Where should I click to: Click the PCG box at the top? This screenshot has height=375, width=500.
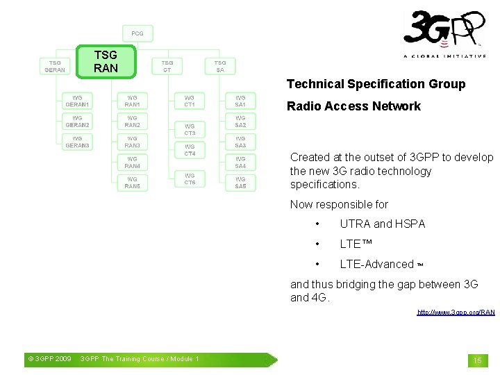(137, 33)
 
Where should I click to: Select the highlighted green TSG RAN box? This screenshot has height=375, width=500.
(106, 61)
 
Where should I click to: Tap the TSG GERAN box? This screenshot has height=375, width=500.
(55, 66)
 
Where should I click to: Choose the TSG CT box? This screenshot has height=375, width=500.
(167, 66)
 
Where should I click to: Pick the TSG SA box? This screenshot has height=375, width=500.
(220, 66)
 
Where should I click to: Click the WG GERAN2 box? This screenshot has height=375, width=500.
(77, 122)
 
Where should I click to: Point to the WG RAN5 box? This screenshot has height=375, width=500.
(132, 183)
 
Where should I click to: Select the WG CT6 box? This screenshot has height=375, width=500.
(190, 179)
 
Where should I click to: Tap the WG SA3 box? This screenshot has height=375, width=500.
(240, 142)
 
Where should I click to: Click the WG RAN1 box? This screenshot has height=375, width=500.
(132, 101)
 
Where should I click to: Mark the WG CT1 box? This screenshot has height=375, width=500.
(190, 101)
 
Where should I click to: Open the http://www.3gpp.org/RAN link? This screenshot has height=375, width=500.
(456, 312)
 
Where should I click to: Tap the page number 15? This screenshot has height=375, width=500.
(477, 360)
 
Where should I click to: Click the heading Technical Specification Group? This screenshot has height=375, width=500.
(376, 84)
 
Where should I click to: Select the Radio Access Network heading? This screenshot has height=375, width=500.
(353, 106)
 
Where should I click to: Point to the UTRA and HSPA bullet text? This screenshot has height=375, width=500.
(382, 224)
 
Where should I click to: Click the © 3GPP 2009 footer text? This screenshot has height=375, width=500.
(49, 359)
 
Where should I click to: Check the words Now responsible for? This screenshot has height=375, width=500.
(339, 204)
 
